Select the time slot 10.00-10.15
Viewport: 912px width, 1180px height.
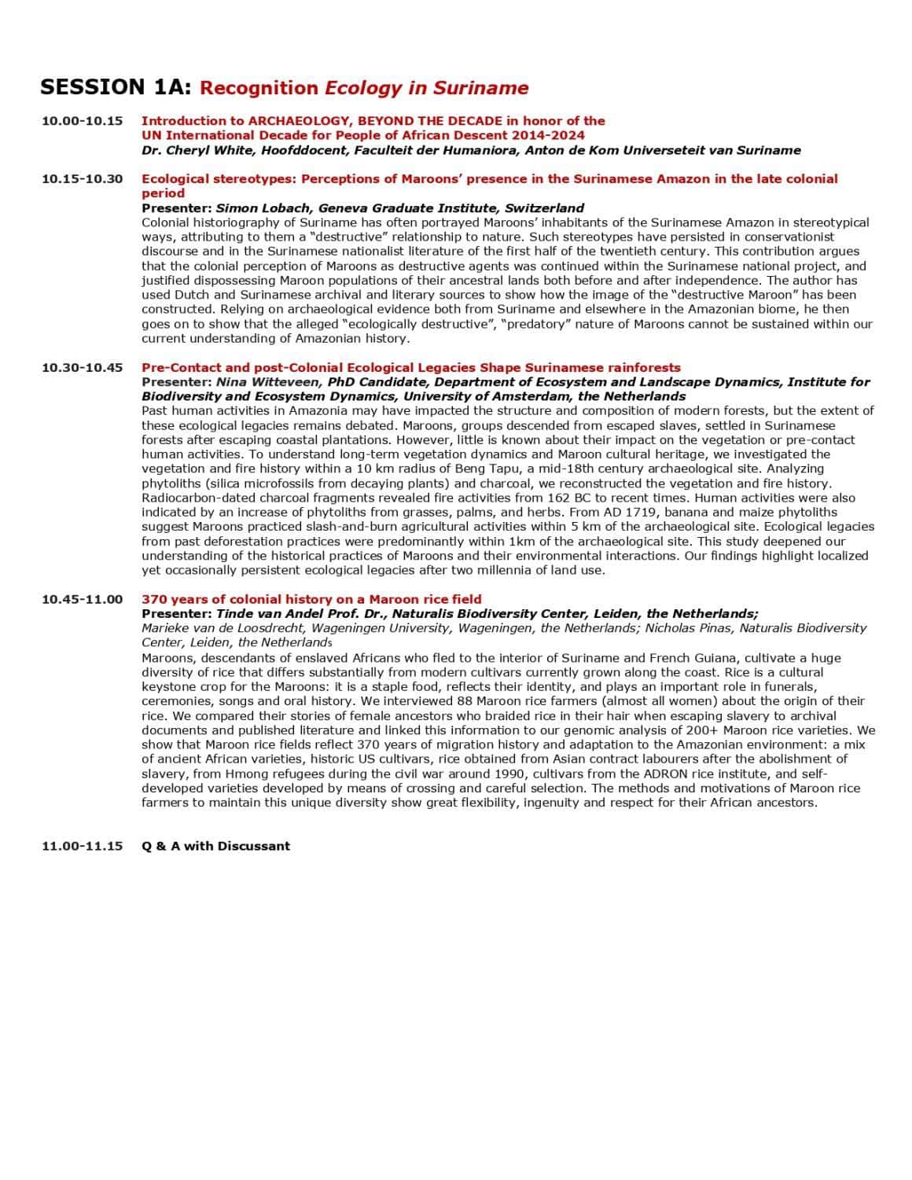pyautogui.click(x=83, y=121)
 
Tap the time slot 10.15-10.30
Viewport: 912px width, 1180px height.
pyautogui.click(x=83, y=179)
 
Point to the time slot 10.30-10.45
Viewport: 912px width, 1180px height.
pyautogui.click(x=83, y=368)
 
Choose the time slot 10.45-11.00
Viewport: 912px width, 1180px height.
pyautogui.click(x=83, y=599)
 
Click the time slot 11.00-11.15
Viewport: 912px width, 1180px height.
pyautogui.click(x=83, y=846)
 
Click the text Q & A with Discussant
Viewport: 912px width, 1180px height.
pyautogui.click(x=215, y=846)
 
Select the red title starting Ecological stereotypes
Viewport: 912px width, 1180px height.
pyautogui.click(x=489, y=179)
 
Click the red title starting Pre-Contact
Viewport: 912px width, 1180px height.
pyautogui.click(x=410, y=368)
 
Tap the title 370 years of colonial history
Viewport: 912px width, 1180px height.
pyautogui.click(x=311, y=599)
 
